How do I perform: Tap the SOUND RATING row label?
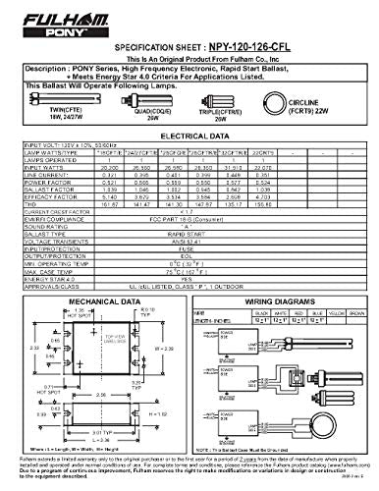click(47, 230)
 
